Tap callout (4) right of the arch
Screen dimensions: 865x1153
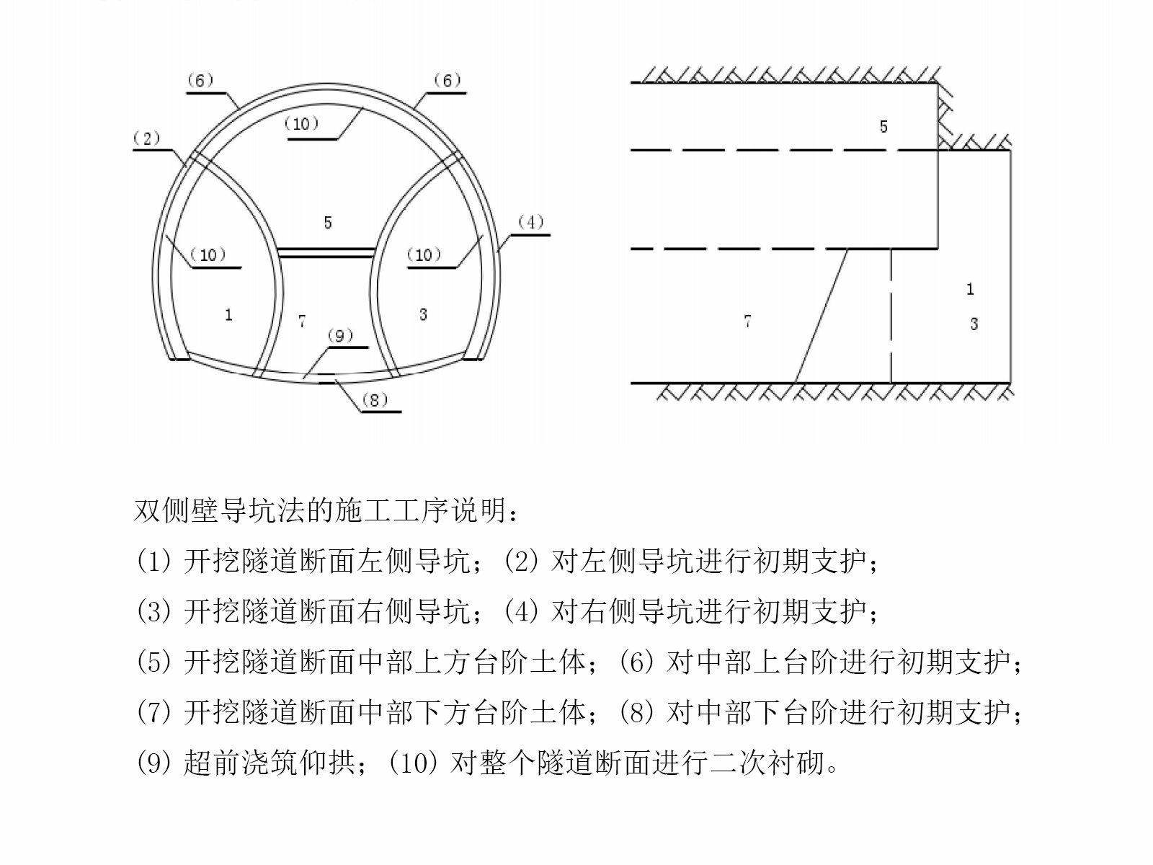(530, 222)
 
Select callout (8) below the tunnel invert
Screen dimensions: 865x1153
(375, 399)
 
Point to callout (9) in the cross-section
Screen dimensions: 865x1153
(340, 335)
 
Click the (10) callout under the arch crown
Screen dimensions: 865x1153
(301, 123)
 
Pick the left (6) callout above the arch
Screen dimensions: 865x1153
(200, 80)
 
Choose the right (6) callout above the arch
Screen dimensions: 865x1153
(447, 80)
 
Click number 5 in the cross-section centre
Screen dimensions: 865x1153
(328, 223)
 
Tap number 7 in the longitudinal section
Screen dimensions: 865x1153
(748, 321)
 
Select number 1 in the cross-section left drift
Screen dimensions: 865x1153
(228, 315)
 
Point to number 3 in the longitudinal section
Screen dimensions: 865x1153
(974, 324)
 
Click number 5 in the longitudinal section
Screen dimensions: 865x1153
(883, 127)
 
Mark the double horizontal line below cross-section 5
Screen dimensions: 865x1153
(326, 252)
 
